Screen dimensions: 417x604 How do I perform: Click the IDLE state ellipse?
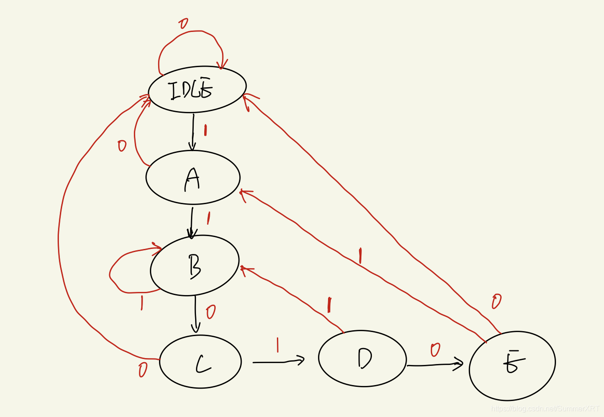click(197, 89)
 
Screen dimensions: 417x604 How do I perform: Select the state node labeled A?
click(193, 177)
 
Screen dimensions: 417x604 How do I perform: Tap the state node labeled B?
click(195, 265)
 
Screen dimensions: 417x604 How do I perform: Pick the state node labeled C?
click(200, 361)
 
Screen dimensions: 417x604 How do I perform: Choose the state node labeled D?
click(362, 359)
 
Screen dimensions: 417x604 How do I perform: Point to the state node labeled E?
click(512, 365)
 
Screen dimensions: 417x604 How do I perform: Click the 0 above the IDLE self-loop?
click(183, 23)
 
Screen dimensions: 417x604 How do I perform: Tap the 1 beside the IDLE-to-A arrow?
click(205, 130)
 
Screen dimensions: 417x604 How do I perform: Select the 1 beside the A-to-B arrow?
click(208, 218)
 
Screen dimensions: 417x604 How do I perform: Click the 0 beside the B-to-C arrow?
click(210, 312)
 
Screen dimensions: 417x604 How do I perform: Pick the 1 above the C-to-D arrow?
click(277, 345)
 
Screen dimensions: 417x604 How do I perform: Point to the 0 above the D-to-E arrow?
click(435, 350)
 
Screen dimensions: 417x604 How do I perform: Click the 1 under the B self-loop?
click(142, 303)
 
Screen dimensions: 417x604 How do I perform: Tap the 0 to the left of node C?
click(143, 370)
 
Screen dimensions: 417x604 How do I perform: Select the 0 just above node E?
click(496, 301)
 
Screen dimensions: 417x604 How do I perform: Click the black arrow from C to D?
click(278, 362)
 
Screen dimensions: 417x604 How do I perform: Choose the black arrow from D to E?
click(434, 364)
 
